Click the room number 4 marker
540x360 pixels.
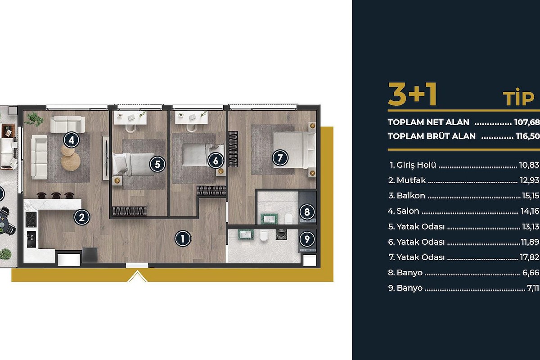(72, 140)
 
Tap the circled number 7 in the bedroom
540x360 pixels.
(280, 158)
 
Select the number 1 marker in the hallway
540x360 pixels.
(183, 238)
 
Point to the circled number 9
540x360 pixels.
(307, 239)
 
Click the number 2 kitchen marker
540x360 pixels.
(82, 217)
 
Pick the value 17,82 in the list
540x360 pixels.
(530, 257)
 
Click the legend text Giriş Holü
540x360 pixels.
(416, 165)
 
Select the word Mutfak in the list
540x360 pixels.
(411, 180)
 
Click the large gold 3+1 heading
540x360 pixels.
(412, 94)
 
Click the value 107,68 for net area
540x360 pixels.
(527, 122)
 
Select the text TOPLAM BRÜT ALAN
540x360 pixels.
(432, 136)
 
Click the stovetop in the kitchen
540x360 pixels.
(31, 220)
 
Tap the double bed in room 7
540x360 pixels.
(294, 150)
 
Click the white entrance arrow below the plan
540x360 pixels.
(137, 276)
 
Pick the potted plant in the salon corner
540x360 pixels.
(35, 119)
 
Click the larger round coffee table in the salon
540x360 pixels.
(71, 162)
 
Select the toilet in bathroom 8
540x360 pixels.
(289, 219)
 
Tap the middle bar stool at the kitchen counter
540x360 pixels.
(56, 195)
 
